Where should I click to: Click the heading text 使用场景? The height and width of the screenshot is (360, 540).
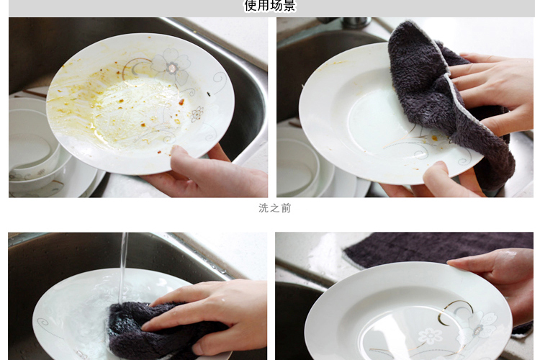[270, 6]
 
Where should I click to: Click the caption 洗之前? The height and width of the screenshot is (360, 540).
[275, 208]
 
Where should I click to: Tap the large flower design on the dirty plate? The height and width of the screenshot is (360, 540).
[171, 66]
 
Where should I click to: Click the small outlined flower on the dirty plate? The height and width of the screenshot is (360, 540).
[197, 114]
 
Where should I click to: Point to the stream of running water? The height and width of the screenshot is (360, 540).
[123, 268]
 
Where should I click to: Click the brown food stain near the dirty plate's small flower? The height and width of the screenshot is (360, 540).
[181, 102]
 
